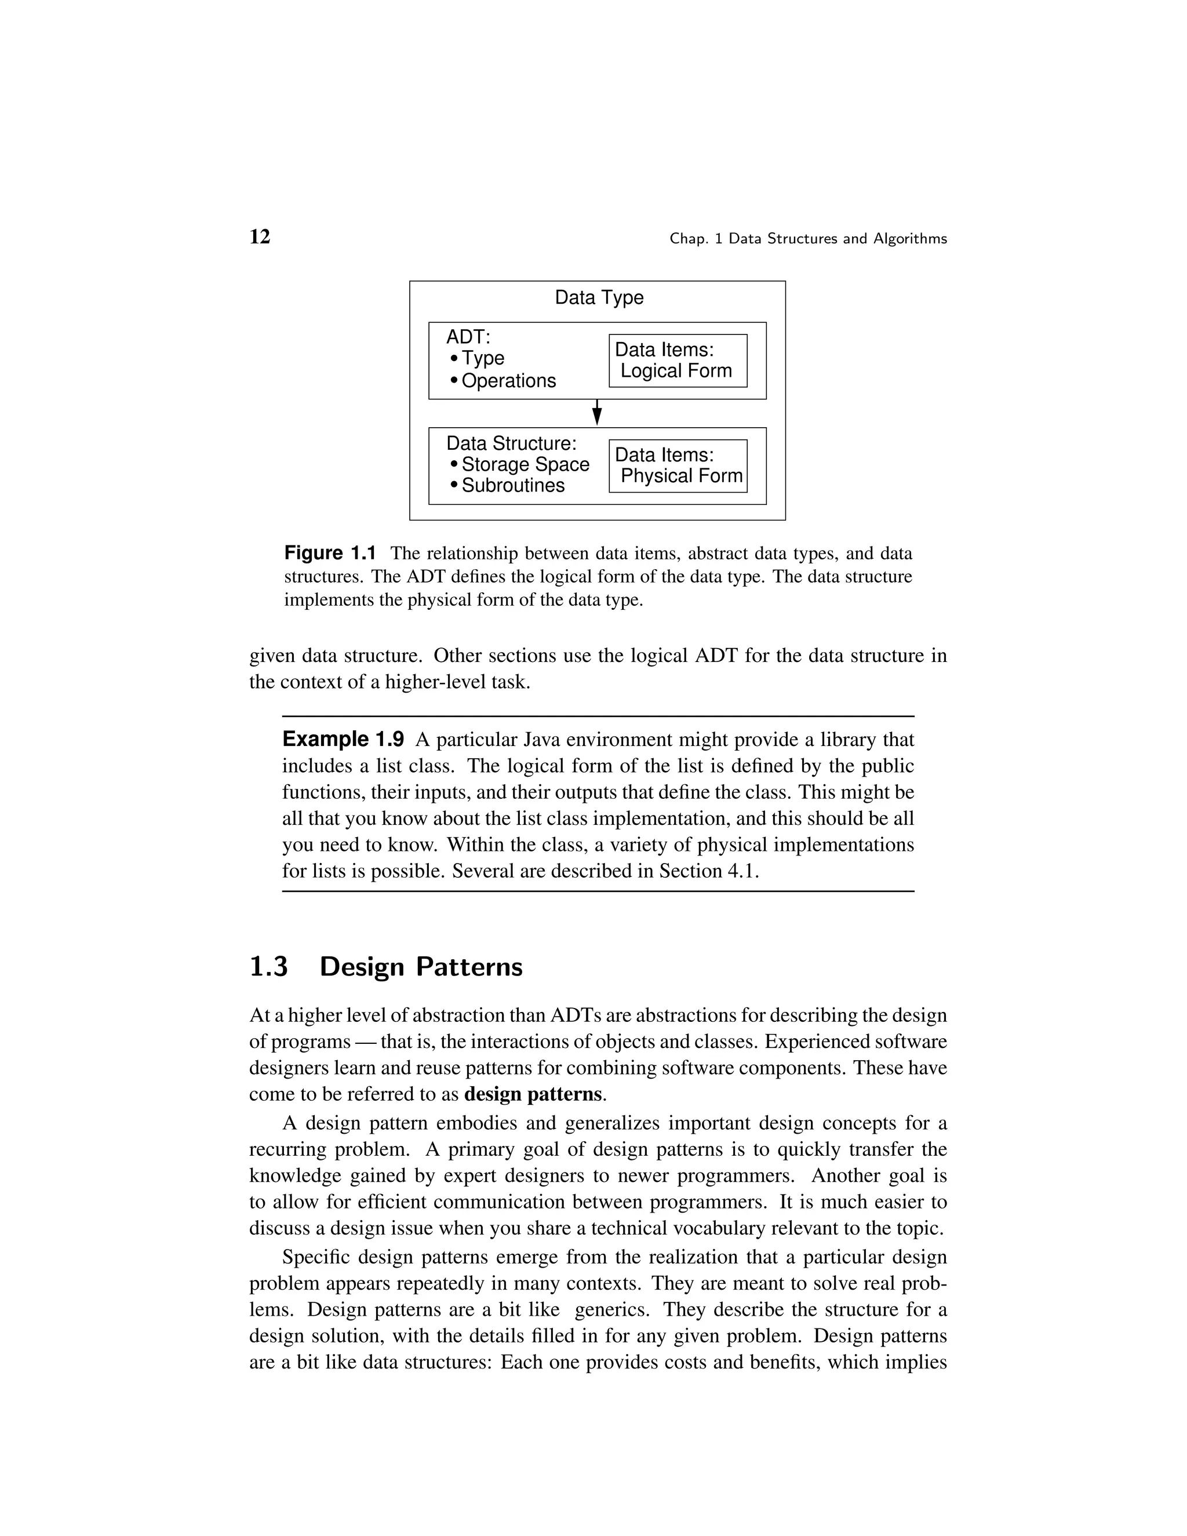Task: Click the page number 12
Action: (x=260, y=237)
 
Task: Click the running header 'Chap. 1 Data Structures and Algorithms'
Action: (x=808, y=239)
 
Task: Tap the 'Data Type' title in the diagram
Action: (x=598, y=297)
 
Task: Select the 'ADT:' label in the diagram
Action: (x=468, y=337)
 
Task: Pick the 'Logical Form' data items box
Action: (x=677, y=361)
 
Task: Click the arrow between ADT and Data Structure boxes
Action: (x=597, y=413)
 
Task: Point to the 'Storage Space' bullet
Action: (x=525, y=465)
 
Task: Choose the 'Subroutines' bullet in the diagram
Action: (x=512, y=486)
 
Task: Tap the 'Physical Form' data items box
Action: (x=677, y=466)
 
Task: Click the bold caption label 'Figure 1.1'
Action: (x=330, y=554)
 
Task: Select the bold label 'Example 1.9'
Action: (x=343, y=740)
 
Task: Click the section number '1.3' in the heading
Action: (x=268, y=967)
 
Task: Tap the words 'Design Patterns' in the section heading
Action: (x=421, y=967)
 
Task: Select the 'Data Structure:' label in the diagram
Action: (x=511, y=444)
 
